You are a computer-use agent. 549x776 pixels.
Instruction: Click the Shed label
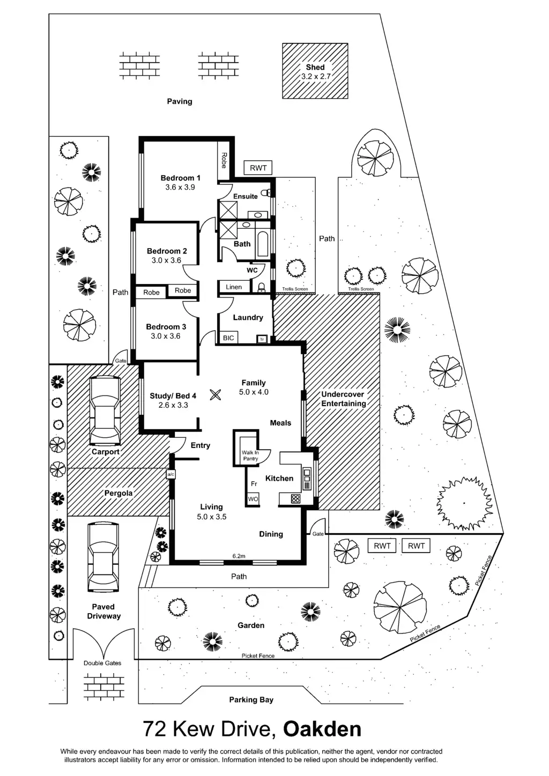point(315,68)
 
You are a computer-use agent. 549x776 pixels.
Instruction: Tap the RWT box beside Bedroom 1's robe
point(258,168)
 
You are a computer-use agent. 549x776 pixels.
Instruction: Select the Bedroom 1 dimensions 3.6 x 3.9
point(180,188)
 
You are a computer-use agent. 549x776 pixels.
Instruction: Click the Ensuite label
point(246,197)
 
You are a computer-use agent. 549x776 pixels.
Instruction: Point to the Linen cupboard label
point(234,287)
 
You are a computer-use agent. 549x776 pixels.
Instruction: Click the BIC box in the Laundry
point(228,338)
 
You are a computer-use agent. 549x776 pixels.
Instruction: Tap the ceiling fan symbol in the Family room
point(216,395)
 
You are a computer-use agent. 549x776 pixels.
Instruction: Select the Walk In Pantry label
point(250,456)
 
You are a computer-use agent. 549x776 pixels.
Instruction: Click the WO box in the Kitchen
point(253,499)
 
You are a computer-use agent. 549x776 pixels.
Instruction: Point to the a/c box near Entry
point(171,474)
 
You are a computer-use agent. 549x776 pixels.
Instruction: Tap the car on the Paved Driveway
point(104,557)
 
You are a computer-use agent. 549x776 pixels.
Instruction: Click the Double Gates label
point(102,663)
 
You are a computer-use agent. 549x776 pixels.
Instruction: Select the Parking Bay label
point(251,699)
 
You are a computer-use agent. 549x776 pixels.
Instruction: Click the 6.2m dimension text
point(239,556)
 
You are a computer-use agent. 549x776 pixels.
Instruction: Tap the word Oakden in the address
point(322,729)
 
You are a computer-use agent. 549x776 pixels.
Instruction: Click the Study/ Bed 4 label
point(173,396)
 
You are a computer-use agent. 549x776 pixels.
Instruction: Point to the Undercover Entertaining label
point(343,399)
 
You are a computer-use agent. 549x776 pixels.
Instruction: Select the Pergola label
point(118,493)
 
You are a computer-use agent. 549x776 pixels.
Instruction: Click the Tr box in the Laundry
point(262,339)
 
